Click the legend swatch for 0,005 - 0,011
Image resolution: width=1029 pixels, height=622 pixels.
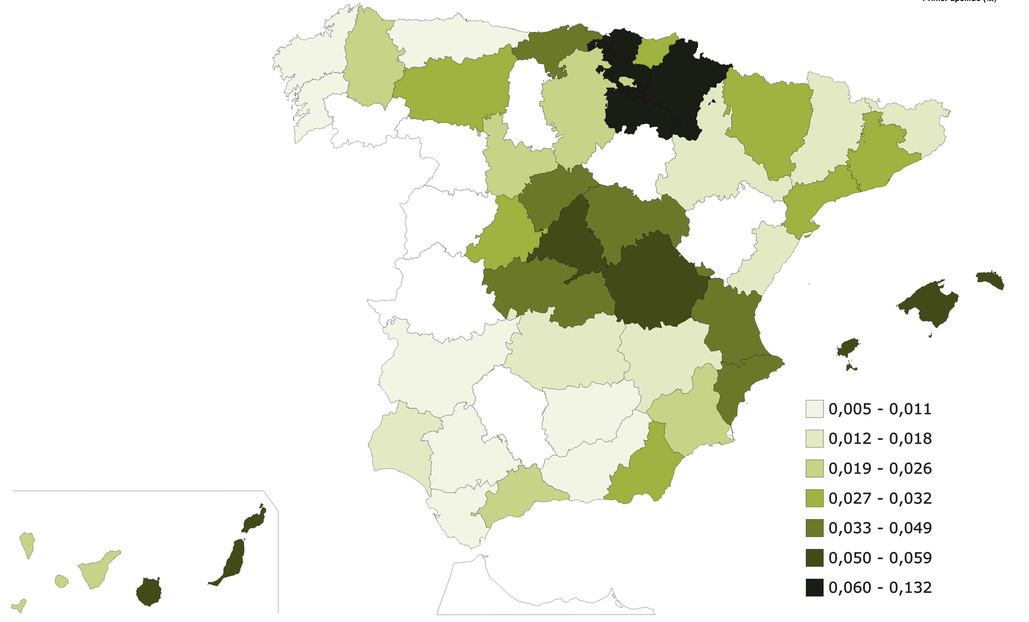click(814, 409)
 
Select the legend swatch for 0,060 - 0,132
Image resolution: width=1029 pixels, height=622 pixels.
click(814, 587)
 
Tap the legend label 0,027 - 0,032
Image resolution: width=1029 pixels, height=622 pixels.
click(880, 498)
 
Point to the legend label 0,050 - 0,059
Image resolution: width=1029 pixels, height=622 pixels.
click(880, 558)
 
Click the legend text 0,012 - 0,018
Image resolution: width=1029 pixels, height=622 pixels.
click(880, 439)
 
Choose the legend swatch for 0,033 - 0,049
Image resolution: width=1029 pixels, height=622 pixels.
click(814, 528)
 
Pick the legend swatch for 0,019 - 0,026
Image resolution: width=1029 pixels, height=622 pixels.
click(814, 468)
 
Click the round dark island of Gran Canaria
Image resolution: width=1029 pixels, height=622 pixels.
click(149, 592)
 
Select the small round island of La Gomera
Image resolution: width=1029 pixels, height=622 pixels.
click(61, 581)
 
